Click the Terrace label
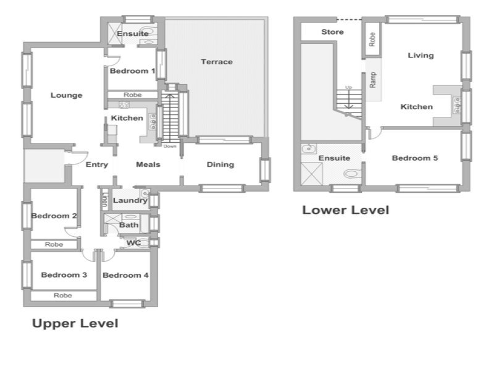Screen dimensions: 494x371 coord(217,62)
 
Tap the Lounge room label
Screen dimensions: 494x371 coord(67,95)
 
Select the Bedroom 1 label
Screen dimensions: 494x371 coord(132,71)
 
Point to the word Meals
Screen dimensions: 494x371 coord(148,164)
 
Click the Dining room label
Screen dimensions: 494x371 coord(220,164)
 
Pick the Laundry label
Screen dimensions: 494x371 coord(130,200)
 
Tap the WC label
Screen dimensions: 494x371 coord(133,243)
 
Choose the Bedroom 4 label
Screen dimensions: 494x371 coord(125,275)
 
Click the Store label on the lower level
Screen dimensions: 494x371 coord(332,32)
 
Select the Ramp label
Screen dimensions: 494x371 coord(373,80)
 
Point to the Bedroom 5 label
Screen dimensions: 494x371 coord(415,158)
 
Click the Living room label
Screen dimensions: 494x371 coord(421,56)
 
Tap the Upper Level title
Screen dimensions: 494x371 coord(75,323)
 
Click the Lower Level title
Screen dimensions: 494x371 coord(346,210)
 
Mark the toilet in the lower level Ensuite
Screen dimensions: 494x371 coord(352,174)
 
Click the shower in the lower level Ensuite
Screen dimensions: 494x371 coord(312,174)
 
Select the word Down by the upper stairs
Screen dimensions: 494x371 coord(170,147)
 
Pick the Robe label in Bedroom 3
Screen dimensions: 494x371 coord(63,296)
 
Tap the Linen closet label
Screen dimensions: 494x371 coord(104,200)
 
